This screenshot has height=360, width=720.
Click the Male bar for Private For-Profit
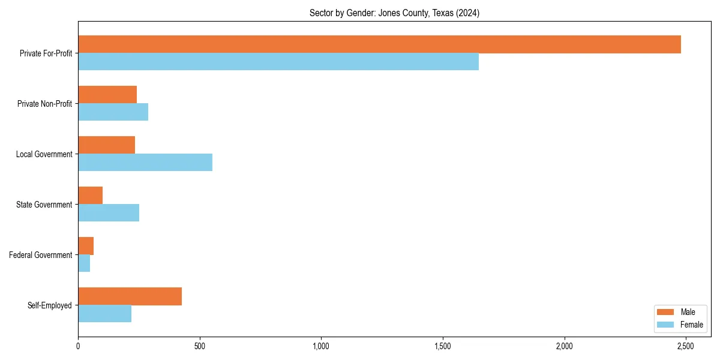coord(379,44)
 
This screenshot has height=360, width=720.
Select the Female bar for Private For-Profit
coord(278,62)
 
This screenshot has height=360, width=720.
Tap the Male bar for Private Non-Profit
coord(107,95)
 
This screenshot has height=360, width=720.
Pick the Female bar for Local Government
coord(145,163)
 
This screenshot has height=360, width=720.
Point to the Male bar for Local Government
coord(106,145)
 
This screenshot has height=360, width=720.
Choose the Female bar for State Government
coord(109,213)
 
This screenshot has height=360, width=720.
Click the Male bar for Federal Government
coord(86,246)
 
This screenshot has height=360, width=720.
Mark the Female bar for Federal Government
coord(84,263)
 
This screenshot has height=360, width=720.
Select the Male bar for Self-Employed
coord(130,296)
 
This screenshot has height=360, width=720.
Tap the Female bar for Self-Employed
coord(104,314)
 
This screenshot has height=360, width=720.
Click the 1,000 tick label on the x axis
coord(321,347)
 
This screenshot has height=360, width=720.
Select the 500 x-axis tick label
coord(200,347)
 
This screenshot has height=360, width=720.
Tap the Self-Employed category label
coord(50,305)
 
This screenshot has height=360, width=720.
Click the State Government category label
coord(44,205)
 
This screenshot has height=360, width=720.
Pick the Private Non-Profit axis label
coord(44,104)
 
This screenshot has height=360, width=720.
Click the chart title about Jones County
coord(394,13)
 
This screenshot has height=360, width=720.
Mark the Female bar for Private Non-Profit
coord(113,112)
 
